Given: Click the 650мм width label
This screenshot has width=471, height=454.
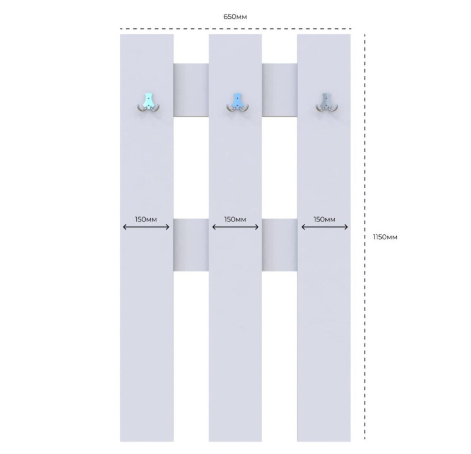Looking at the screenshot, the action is click(x=235, y=17).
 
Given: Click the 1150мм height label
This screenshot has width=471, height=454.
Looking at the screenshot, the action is click(x=385, y=237).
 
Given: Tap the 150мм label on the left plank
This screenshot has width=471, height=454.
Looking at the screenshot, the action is click(x=146, y=219).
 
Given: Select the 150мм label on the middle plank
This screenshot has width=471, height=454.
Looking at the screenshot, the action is click(x=235, y=219).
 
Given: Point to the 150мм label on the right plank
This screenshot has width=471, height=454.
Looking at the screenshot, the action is click(x=324, y=219).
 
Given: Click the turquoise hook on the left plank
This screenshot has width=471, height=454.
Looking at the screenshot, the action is click(x=148, y=103).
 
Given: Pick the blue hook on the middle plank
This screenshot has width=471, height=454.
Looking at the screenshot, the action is click(x=237, y=103).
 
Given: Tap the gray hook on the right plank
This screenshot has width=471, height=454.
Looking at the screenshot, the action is click(x=327, y=103).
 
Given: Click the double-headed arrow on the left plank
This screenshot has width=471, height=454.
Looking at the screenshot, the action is click(x=146, y=227).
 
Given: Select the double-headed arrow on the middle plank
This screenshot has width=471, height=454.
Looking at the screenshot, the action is click(x=235, y=227).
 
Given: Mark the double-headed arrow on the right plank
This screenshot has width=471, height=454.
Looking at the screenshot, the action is click(x=325, y=227).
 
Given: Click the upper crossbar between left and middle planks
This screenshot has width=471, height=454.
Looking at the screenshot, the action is click(x=191, y=90).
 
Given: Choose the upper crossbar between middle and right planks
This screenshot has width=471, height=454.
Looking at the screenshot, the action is click(x=280, y=90).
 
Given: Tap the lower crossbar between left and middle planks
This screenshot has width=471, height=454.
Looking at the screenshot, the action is click(x=191, y=245).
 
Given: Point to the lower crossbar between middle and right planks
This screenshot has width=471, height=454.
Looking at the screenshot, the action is click(x=280, y=245).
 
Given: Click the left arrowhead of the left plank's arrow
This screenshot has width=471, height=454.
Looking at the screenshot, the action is click(x=125, y=227).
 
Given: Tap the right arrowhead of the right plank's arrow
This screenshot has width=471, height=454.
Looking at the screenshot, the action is click(x=346, y=227).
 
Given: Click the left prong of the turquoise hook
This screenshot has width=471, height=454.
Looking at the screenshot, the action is click(x=141, y=109).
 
